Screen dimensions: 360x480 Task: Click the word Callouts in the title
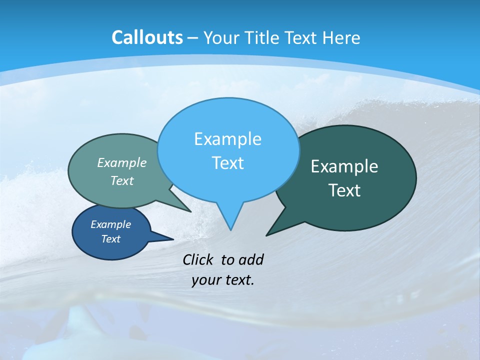tap(147, 37)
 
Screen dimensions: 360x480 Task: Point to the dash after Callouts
tap(193, 38)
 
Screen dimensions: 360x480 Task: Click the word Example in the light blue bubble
tap(227, 139)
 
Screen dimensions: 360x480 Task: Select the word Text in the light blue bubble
tap(227, 163)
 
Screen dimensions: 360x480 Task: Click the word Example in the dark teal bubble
tap(344, 166)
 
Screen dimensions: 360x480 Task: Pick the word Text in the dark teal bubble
tap(344, 190)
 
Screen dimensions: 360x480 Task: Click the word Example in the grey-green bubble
tap(122, 162)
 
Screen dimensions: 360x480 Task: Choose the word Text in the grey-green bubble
tap(122, 180)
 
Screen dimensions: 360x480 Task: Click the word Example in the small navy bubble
tap(110, 224)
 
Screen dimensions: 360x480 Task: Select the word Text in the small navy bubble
tap(110, 239)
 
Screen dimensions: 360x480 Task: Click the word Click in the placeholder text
tap(198, 259)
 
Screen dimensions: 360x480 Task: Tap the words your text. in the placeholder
tap(223, 280)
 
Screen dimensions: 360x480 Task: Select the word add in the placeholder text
tap(250, 259)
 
